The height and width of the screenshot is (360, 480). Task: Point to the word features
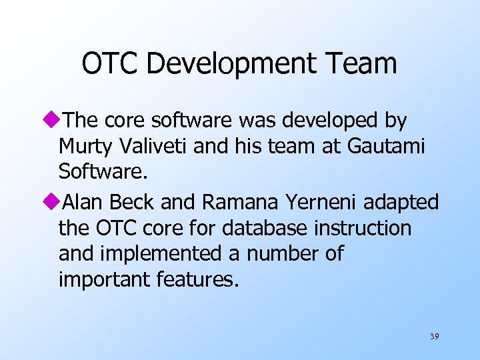pos(196,280)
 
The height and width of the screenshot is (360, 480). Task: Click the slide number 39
pos(434,337)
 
